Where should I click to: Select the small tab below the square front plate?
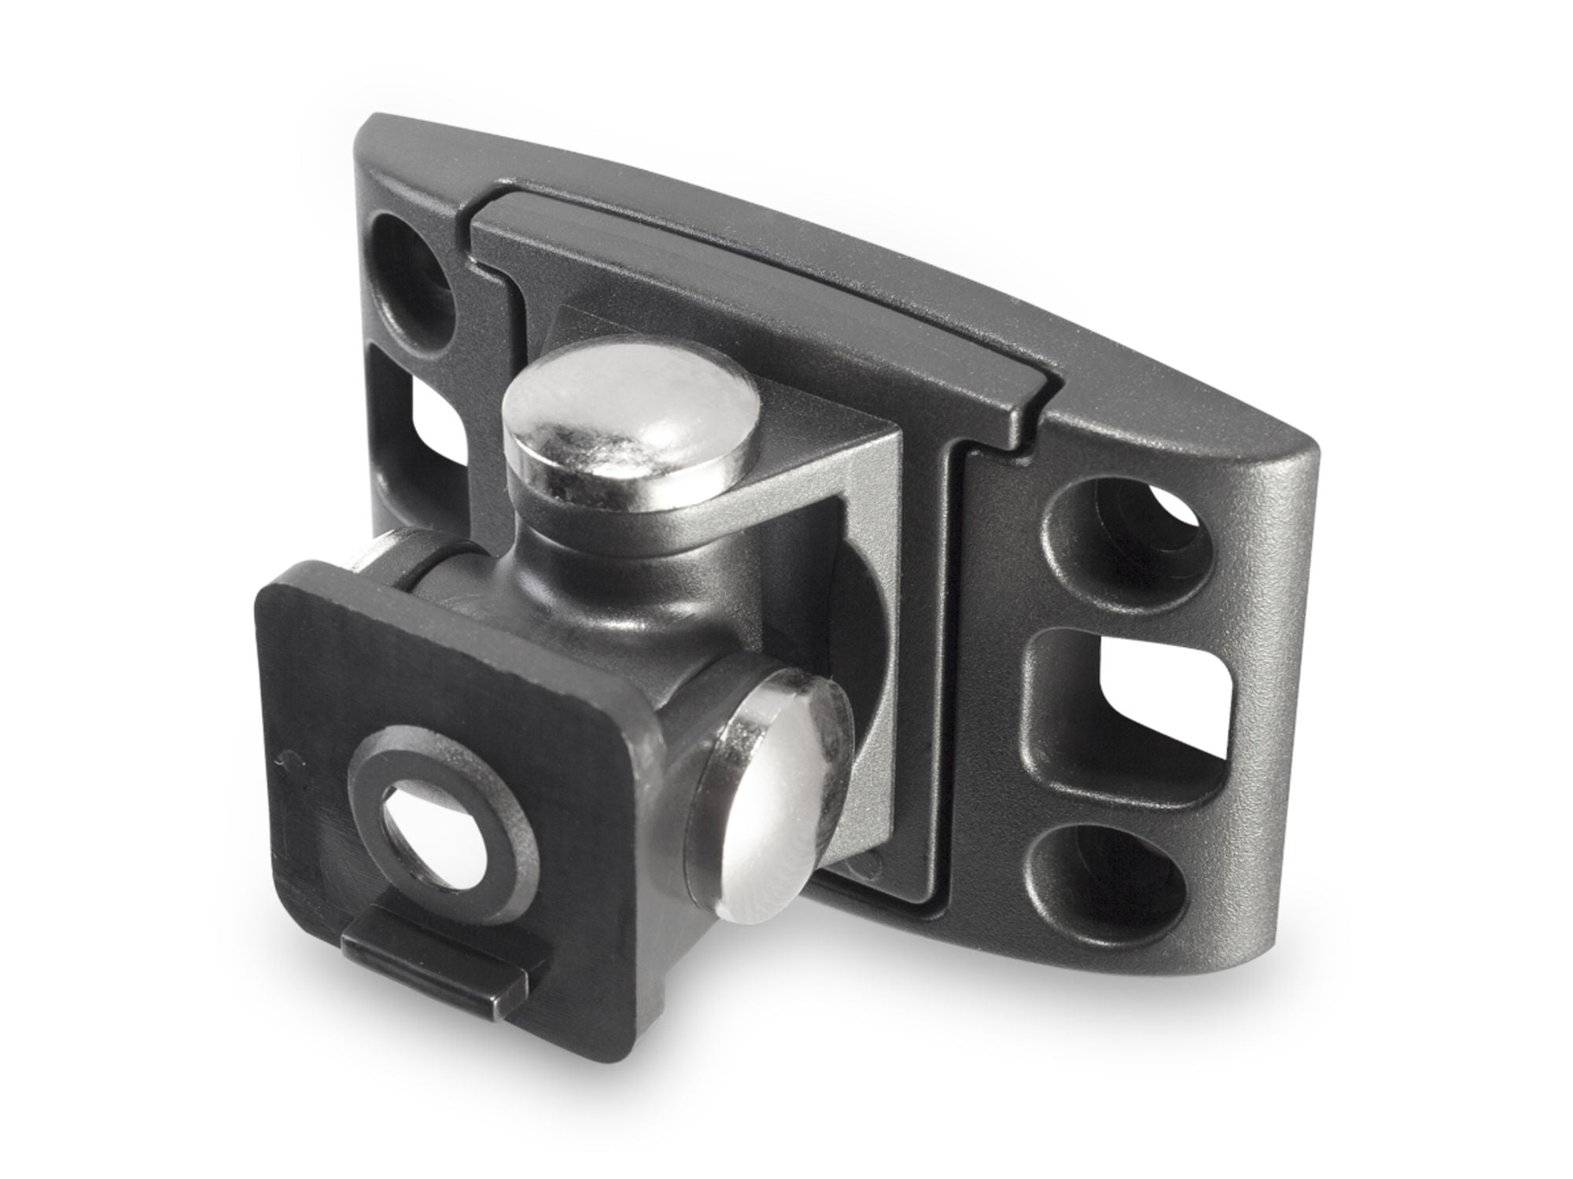point(440,951)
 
